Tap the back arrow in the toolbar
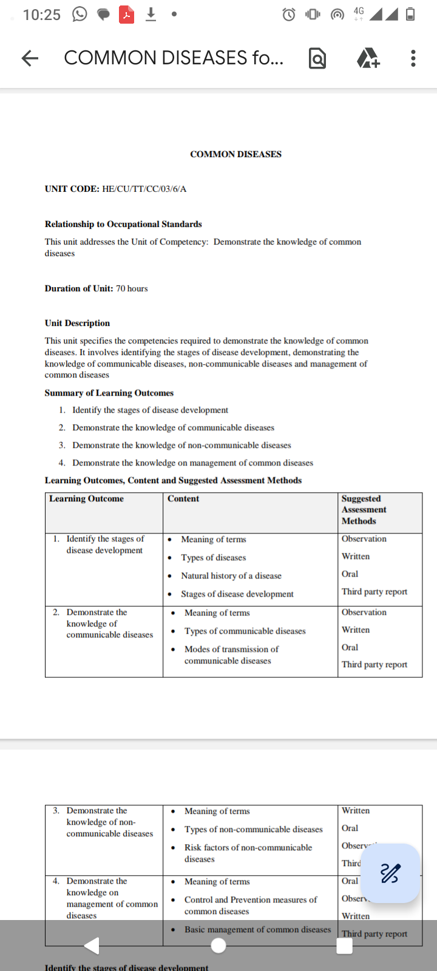tap(30, 58)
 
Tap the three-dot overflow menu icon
tap(413, 58)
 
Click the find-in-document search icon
tap(317, 58)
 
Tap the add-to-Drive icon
tap(368, 58)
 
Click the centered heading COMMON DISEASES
tap(235, 154)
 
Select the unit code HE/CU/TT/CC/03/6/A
tap(144, 189)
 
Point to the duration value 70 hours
tap(132, 288)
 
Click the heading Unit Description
tap(77, 323)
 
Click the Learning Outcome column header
tap(86, 499)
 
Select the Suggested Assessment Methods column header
tap(364, 510)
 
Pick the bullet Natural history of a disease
tap(231, 575)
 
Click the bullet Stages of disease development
tap(237, 594)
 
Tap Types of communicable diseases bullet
tap(245, 631)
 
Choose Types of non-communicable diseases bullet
tap(253, 830)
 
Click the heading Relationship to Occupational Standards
tap(123, 224)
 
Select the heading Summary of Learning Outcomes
tap(109, 393)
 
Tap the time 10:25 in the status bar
tap(42, 15)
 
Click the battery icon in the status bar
tap(410, 15)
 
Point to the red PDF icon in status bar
tap(126, 15)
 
